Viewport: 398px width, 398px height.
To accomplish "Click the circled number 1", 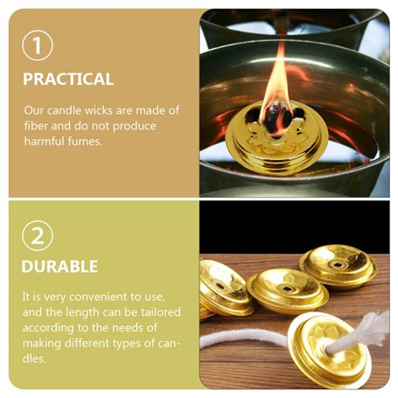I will [x=38, y=45].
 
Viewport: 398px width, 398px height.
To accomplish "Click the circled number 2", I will [x=38, y=234].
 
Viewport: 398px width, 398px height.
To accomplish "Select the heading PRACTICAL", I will [x=68, y=79].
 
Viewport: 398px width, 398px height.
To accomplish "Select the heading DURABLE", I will [x=60, y=266].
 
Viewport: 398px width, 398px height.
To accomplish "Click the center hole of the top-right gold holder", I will [x=338, y=260].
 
